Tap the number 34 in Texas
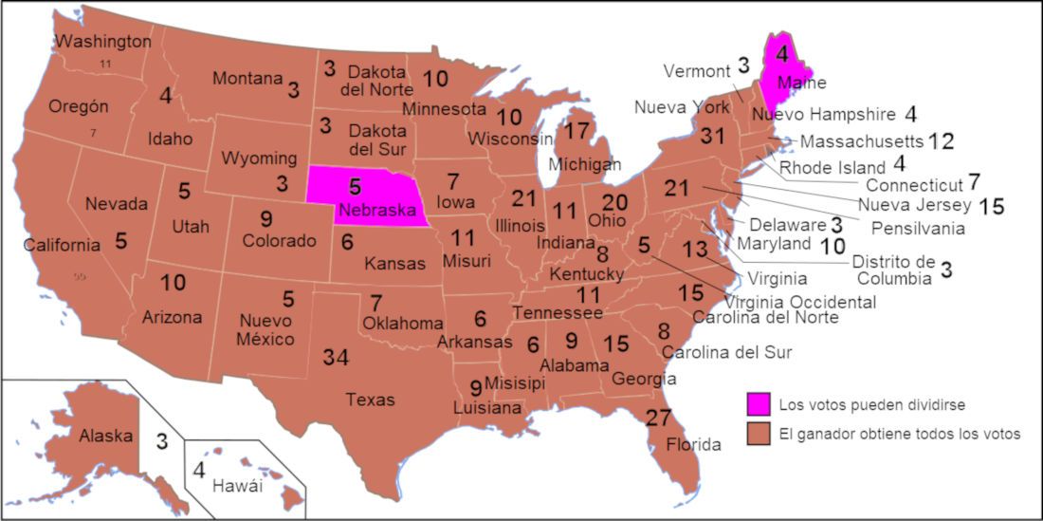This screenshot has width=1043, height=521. [336, 358]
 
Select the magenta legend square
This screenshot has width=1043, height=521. [758, 404]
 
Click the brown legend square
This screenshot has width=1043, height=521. [758, 434]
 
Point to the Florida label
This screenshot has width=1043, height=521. [693, 444]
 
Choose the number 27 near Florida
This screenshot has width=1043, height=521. [658, 418]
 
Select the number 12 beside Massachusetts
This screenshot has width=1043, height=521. [941, 141]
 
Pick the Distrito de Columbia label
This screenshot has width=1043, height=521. [892, 270]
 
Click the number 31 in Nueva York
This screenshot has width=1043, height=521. [712, 137]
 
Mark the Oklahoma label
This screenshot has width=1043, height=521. [403, 324]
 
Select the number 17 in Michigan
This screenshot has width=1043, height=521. [577, 132]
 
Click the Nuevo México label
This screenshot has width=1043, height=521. [266, 329]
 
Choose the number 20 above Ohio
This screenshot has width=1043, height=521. [615, 202]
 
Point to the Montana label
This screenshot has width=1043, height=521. [247, 79]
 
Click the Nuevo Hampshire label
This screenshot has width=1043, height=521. [823, 115]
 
